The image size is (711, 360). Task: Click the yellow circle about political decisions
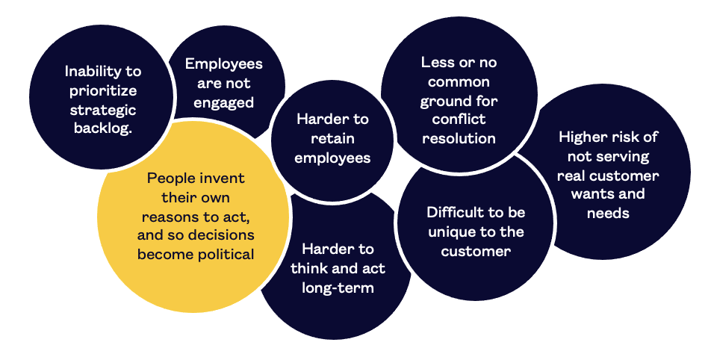pos(193,216)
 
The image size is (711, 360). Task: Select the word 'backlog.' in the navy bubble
pos(103,128)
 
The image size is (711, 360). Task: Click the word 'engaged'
pos(223,103)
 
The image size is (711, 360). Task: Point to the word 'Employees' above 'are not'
pos(223,64)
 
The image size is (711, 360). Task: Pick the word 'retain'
pos(332,139)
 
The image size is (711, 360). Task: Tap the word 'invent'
pos(223,179)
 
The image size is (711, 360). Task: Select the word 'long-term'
pos(338,288)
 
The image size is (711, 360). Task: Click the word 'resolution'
pos(459,138)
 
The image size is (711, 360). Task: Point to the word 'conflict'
pos(459,120)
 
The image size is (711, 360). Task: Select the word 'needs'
pos(608,213)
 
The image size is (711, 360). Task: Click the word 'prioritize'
pos(103,90)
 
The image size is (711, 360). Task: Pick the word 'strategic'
pos(103,111)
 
